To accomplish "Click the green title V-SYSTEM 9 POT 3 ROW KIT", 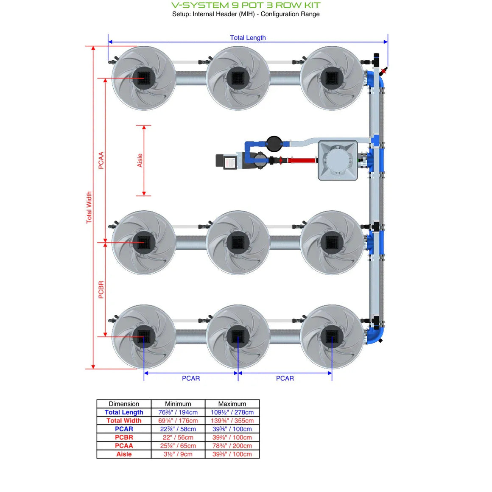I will tap(246, 5).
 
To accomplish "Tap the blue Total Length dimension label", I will tap(248, 37).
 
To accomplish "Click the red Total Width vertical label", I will tap(89, 207).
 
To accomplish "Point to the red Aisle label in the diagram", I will tap(140, 160).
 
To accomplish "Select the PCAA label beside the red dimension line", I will tap(101, 160).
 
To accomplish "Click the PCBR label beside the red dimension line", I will tap(101, 290).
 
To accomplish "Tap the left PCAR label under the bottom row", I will tap(191, 378).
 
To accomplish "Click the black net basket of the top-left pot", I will tap(144, 78).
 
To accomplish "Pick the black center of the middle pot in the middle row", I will tap(238, 243).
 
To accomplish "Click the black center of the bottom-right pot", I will tap(332, 337).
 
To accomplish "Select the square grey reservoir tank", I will tap(338, 161).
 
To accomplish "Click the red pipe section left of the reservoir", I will tap(302, 160).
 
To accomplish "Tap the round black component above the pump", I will tap(274, 144).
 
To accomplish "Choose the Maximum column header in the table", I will tap(232, 404).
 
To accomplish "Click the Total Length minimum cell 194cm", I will tap(178, 412).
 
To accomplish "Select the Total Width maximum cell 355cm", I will tap(232, 421).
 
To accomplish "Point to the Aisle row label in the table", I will tap(124, 454).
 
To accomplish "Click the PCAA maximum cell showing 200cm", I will tap(232, 446).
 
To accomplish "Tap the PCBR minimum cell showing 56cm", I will tap(178, 437).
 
